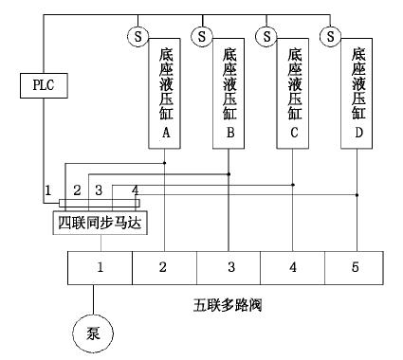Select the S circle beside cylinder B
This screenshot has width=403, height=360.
(201, 36)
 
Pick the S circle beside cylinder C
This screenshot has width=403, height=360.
(267, 36)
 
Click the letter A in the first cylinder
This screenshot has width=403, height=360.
(166, 134)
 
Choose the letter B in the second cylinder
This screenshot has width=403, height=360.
(230, 134)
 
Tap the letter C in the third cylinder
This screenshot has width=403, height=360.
(295, 134)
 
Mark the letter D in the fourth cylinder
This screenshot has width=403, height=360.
(358, 134)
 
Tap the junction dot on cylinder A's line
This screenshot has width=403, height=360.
(166, 163)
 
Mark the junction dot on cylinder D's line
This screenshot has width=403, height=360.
(357, 195)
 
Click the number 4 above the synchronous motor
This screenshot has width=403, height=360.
(135, 191)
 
